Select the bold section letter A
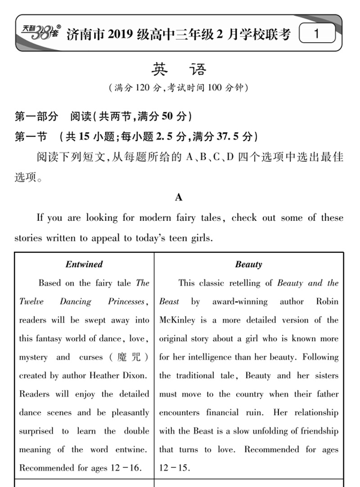point(179,197)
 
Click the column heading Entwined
point(84,264)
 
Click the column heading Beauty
point(248,264)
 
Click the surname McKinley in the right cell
point(177,320)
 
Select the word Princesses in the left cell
point(127,301)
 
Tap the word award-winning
point(240,301)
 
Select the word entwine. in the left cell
point(130,449)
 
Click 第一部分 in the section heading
point(36,117)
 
